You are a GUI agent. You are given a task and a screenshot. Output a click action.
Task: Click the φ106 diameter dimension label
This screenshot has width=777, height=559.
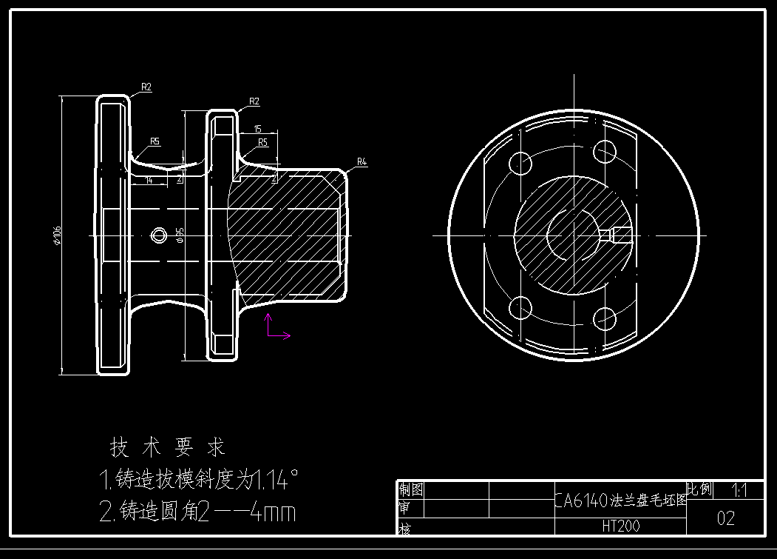pos(56,235)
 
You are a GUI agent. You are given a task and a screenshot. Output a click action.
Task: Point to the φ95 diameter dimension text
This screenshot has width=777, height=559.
pos(180,235)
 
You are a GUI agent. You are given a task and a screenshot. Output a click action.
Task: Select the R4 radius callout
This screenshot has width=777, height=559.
pos(362,161)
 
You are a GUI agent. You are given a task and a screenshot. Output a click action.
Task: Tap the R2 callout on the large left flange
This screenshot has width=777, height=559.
pos(146,87)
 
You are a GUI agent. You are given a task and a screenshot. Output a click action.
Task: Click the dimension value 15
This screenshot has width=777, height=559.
pos(257,129)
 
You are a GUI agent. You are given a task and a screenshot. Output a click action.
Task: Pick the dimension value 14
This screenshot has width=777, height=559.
pos(149,180)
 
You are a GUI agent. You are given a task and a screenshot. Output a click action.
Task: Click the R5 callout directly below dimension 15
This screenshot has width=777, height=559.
pos(262,141)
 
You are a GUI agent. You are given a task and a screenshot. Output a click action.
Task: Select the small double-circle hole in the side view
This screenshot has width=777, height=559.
pos(158,235)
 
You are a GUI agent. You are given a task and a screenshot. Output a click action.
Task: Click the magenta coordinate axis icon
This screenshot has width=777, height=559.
pos(276,328)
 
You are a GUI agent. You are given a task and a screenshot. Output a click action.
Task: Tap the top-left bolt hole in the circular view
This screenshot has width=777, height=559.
pos(520,162)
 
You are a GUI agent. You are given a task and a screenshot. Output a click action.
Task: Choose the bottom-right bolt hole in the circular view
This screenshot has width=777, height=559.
pos(605,319)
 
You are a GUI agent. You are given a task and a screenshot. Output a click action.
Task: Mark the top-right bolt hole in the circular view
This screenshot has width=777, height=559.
pos(605,151)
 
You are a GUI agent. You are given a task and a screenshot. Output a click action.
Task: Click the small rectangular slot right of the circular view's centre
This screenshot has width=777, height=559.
pos(620,235)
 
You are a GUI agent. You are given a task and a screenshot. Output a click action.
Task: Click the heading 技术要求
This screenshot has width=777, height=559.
pos(167,447)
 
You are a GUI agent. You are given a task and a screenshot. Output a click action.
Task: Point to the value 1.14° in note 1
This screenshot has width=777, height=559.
pos(276,481)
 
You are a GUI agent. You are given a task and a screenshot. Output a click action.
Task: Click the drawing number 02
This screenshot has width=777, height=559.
pos(725,518)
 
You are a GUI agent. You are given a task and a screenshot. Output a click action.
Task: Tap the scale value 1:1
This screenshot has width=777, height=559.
pos(739,490)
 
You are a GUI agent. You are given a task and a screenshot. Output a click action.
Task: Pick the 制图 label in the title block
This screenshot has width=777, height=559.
pos(411,489)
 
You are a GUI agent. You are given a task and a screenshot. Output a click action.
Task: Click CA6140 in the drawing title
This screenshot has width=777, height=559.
pos(581,501)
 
